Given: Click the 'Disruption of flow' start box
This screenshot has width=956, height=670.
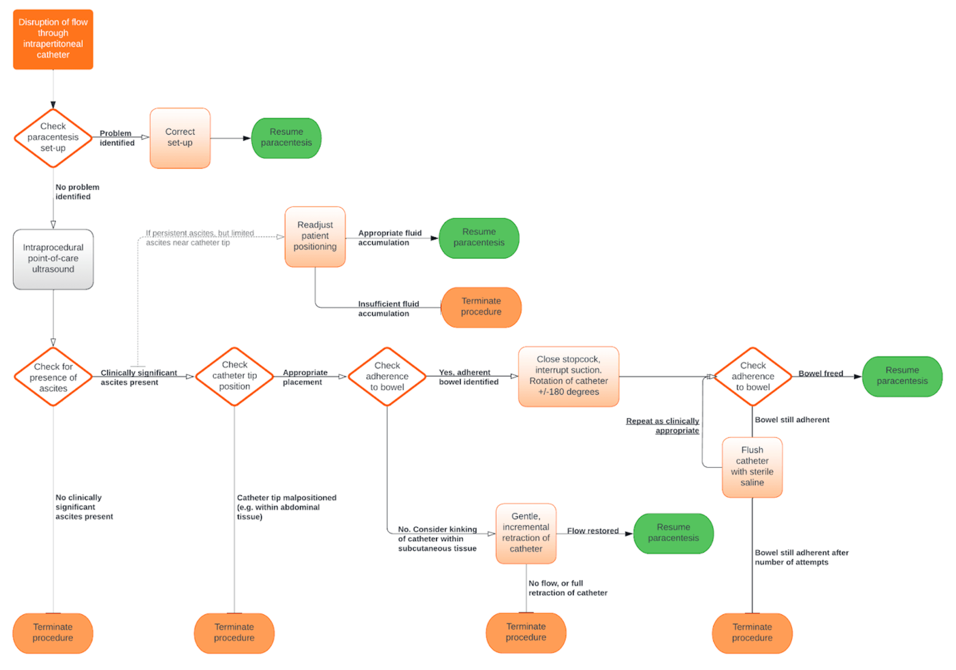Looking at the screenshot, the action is [x=53, y=39].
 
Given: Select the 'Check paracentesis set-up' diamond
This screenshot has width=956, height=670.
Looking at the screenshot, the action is [x=53, y=138].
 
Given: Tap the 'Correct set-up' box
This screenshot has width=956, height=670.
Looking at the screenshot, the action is [x=180, y=138].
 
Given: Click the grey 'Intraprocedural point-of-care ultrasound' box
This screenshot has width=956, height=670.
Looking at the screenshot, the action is [x=53, y=259].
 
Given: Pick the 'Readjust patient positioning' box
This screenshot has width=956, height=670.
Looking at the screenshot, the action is [x=315, y=237].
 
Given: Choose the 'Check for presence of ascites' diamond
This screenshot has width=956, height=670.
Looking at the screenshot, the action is [x=53, y=377].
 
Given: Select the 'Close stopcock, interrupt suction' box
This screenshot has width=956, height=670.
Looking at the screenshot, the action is [x=569, y=376].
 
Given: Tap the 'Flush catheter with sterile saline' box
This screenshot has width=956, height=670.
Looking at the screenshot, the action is [x=752, y=467].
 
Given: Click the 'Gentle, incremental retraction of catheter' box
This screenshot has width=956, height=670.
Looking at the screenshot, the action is [x=526, y=533].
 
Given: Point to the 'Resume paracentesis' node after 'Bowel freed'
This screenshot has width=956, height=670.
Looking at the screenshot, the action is [x=902, y=376].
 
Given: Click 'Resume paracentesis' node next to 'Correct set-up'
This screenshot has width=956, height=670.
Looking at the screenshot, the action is [x=286, y=138].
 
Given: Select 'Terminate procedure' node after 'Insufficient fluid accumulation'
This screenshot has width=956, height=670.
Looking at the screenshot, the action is [x=481, y=307].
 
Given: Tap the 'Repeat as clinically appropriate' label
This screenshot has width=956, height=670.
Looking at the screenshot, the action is [x=662, y=425].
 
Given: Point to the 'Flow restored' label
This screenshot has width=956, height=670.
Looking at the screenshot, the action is [x=592, y=531].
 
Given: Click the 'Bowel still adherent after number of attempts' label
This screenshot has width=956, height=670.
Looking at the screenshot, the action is [x=801, y=557].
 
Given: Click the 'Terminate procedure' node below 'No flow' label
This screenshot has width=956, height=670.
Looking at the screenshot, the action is [x=526, y=633].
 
